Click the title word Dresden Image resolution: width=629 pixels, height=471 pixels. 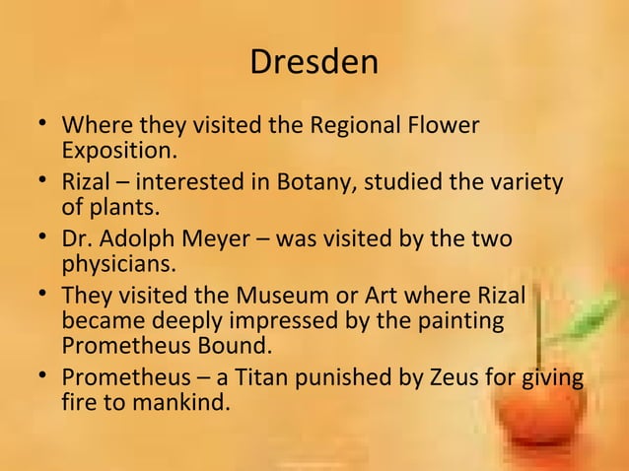tap(314, 63)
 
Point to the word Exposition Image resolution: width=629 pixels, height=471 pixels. tap(118, 152)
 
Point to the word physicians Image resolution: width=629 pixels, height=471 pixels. tap(119, 264)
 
